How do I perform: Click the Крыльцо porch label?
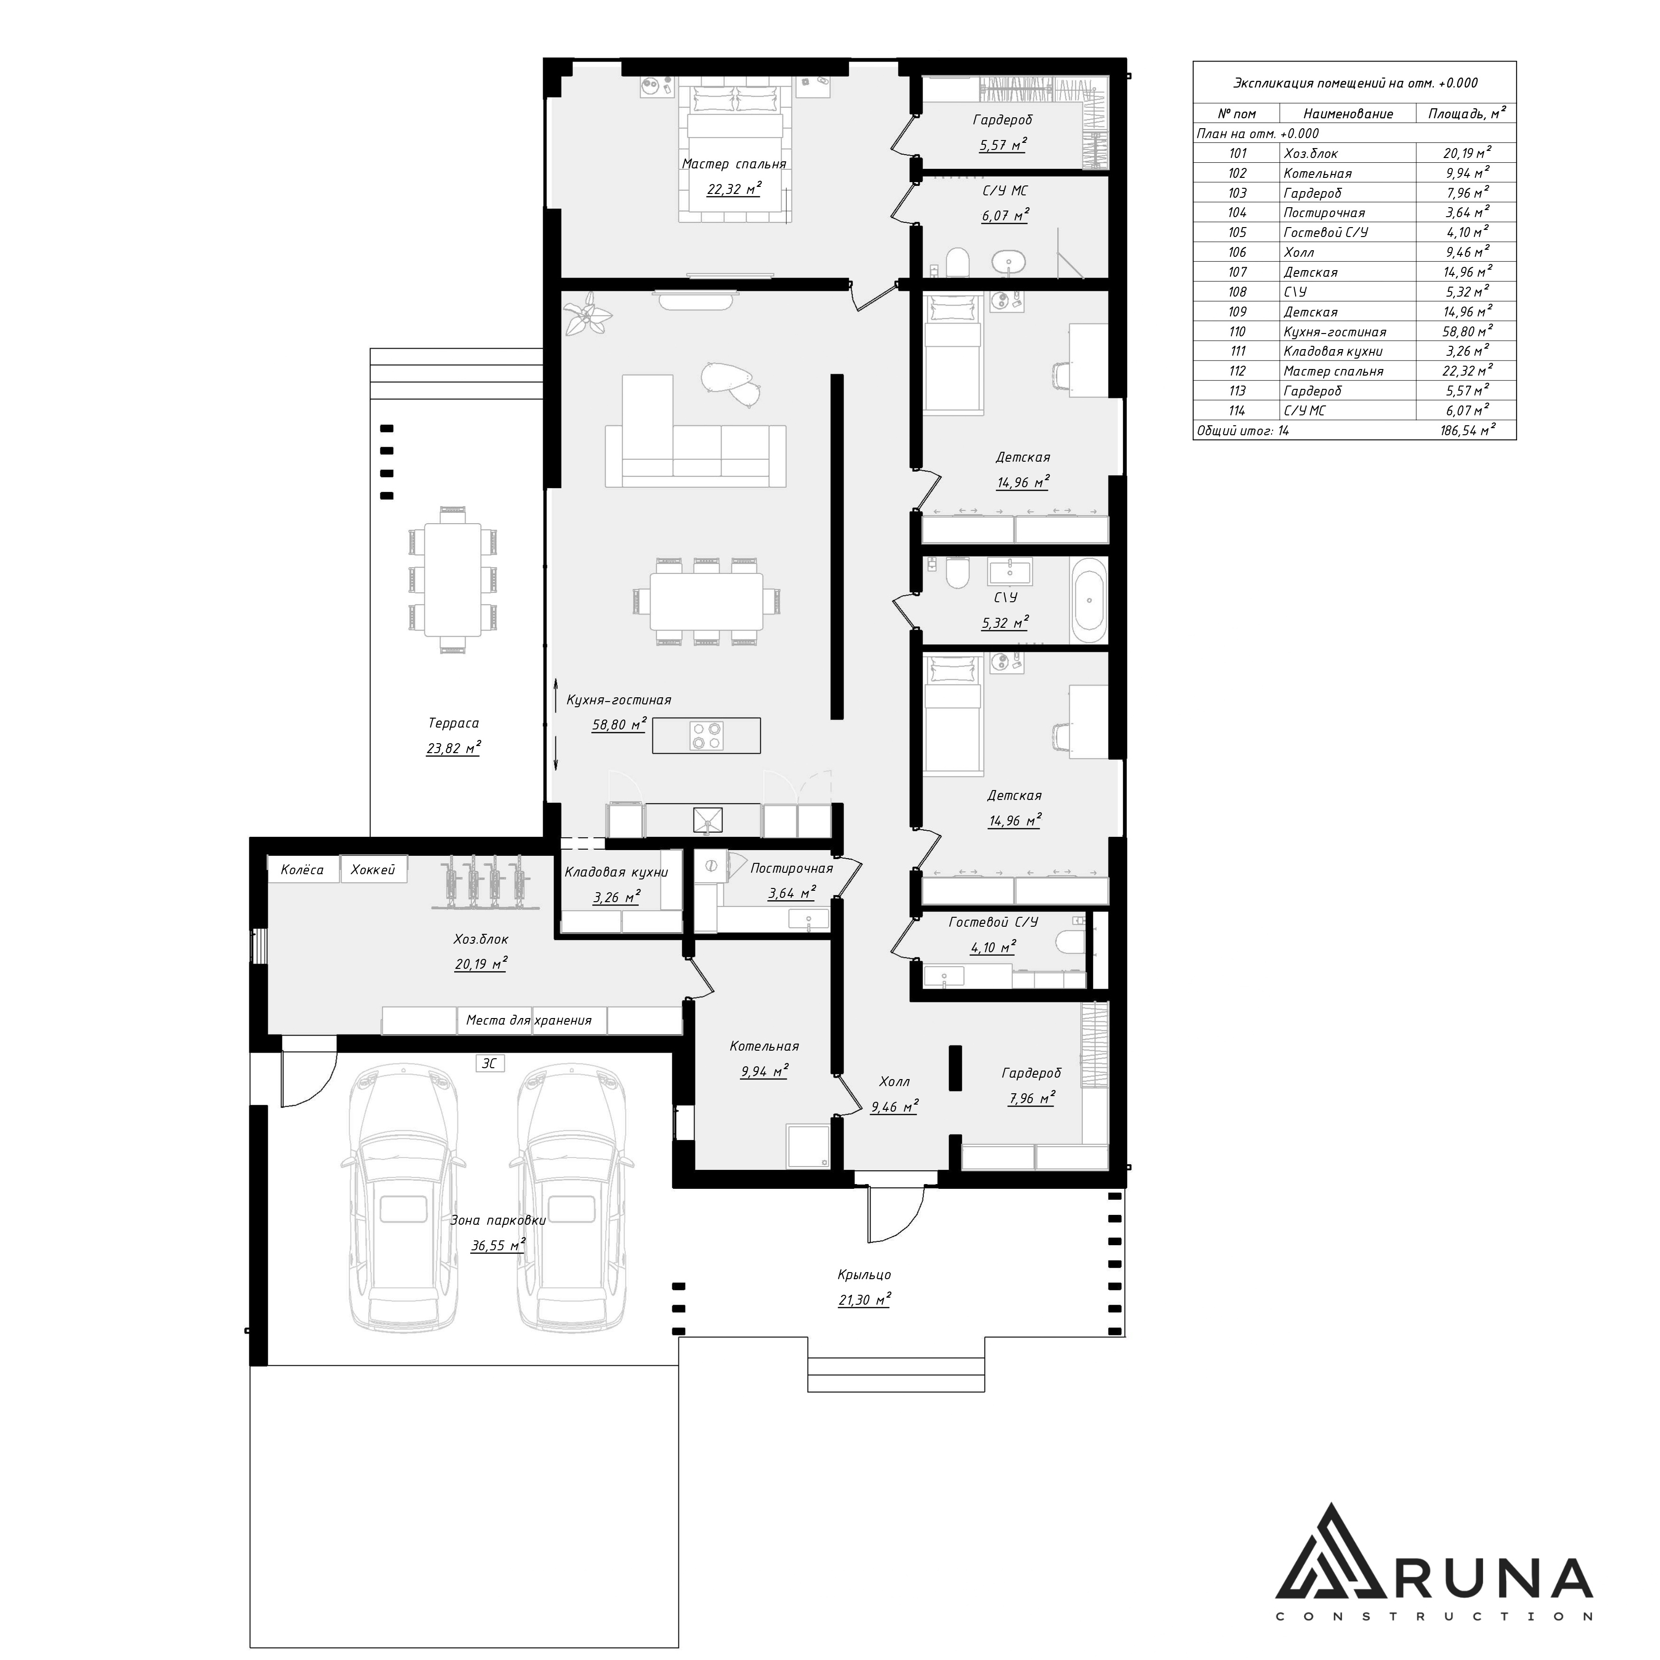coord(864,1275)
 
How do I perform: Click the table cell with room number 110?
coord(1237,332)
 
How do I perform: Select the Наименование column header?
coord(1348,114)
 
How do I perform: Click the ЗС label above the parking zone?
coord(489,1064)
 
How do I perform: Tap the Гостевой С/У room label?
coord(993,922)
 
